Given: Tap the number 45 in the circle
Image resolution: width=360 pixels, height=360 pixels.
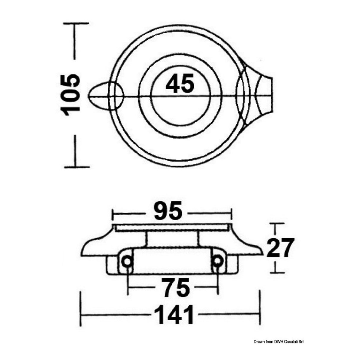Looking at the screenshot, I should pyautogui.click(x=180, y=83).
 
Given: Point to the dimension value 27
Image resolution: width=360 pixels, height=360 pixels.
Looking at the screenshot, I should pyautogui.click(x=280, y=248).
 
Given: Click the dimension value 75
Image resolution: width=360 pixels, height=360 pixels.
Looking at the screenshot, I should pyautogui.click(x=173, y=287).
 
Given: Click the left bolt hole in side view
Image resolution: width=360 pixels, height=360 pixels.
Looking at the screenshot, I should pyautogui.click(x=127, y=261).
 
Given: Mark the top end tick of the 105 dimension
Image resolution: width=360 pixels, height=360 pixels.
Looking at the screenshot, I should pyautogui.click(x=77, y=23).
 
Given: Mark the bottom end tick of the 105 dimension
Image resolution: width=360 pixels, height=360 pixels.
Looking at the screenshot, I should pyautogui.click(x=77, y=167).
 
